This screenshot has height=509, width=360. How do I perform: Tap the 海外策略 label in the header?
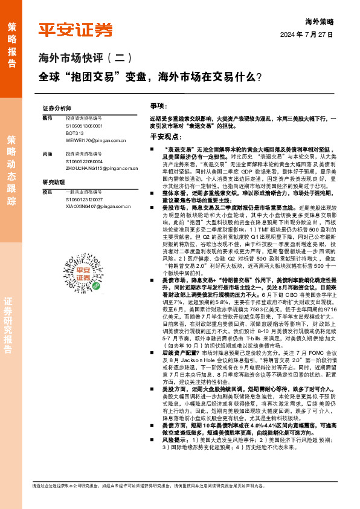(320, 21)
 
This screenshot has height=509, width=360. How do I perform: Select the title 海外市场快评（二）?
(85, 59)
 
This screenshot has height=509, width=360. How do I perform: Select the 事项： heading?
(158, 105)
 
